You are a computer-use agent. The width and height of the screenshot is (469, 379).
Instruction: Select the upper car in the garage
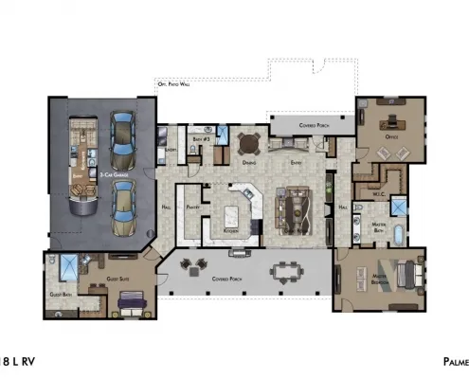click(123, 137)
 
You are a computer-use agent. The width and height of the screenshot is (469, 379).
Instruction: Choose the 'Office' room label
click(389, 135)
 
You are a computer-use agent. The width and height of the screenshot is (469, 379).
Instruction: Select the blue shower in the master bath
click(399, 207)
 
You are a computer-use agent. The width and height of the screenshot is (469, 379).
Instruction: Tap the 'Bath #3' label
click(200, 139)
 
